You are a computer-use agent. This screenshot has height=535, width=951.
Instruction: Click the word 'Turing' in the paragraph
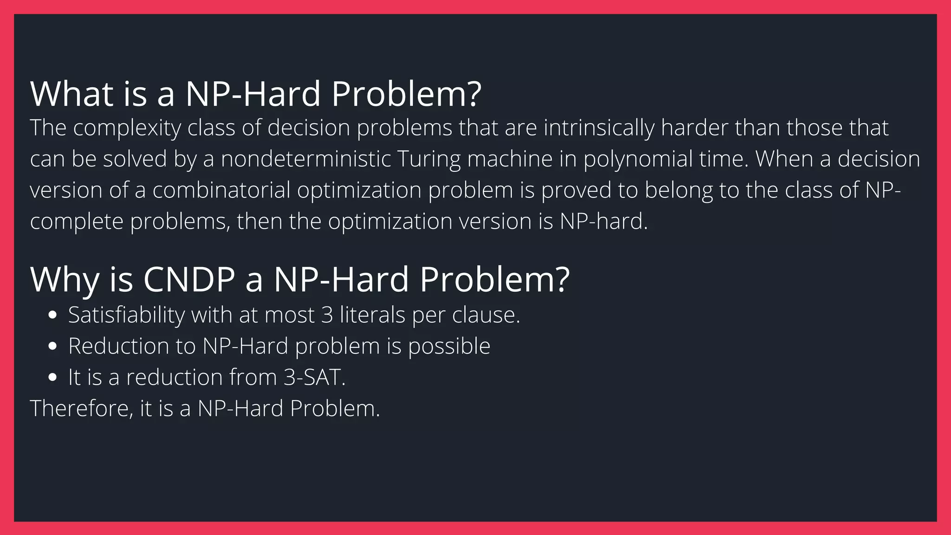point(429,159)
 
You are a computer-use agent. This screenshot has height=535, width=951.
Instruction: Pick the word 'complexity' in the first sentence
point(127,128)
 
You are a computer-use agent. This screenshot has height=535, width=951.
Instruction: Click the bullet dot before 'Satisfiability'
point(52,315)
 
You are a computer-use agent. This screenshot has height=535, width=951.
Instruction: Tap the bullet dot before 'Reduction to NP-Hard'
point(52,346)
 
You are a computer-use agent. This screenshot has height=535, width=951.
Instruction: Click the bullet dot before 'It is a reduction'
point(52,378)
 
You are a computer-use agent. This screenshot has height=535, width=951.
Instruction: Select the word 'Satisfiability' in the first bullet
point(126,315)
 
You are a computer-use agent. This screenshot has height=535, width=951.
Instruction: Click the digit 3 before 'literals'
point(327,315)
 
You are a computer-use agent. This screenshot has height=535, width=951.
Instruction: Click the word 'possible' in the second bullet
point(449,346)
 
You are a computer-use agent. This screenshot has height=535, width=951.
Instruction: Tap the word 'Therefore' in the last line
point(81,409)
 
